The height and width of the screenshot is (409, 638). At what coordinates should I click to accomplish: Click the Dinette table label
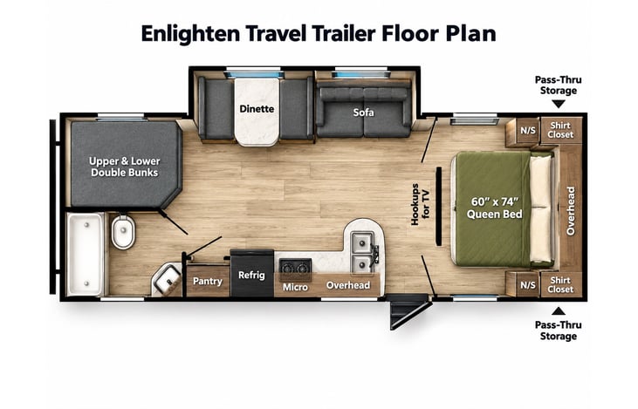coord(257,109)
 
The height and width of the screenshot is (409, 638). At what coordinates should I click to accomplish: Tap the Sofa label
coord(363,112)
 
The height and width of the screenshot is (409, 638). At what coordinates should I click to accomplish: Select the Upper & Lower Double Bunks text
coord(125,167)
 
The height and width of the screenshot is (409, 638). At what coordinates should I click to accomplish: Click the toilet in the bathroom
coord(123,232)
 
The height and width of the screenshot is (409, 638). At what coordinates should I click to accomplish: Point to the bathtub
coord(86,254)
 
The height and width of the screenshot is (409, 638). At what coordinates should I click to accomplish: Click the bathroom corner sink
coord(167,279)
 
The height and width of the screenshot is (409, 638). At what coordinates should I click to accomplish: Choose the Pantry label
coord(208,282)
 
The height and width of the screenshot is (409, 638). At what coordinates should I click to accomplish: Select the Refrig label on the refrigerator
coord(251,276)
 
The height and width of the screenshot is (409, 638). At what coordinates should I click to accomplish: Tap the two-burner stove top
coord(295,268)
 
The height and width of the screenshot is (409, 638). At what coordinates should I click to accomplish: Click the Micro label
coord(295,288)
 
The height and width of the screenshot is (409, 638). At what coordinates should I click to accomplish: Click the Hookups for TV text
coord(420,204)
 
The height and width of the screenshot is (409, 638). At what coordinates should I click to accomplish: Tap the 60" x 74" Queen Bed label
coord(494,208)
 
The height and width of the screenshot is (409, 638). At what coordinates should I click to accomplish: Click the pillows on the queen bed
coord(541,208)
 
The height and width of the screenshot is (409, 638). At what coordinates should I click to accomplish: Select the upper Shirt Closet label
coord(560,130)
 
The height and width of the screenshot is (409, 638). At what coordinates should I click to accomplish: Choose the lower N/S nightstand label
coord(528,285)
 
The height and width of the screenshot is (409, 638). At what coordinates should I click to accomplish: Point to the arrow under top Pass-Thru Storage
coord(559,104)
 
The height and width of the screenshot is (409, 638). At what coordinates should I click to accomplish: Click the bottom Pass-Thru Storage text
coord(559,331)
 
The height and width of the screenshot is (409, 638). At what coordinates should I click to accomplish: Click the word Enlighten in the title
coord(190,34)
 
